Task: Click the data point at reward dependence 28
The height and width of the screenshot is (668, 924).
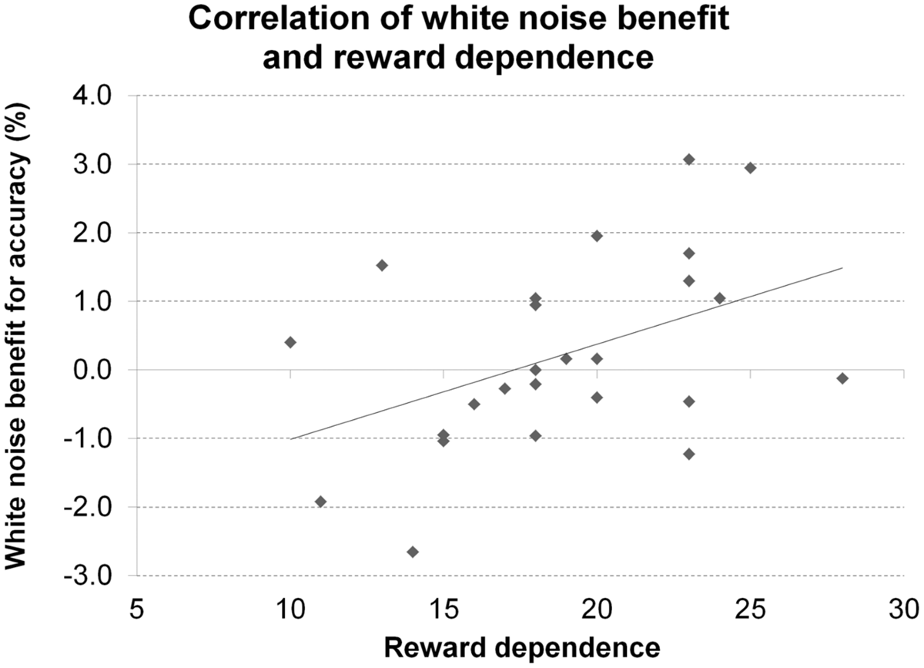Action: [842, 378]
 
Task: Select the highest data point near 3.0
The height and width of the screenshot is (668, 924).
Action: [689, 159]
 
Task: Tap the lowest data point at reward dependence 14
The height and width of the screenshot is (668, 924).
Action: [413, 552]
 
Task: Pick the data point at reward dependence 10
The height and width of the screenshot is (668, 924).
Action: [290, 342]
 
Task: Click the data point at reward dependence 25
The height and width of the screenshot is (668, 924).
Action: [751, 168]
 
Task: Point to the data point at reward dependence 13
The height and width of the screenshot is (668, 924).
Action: [382, 265]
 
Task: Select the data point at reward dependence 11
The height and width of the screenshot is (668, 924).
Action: [321, 502]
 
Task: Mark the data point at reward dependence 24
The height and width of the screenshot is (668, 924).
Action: [720, 298]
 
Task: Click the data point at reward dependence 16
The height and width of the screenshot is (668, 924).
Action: [474, 404]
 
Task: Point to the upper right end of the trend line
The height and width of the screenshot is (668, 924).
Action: [842, 268]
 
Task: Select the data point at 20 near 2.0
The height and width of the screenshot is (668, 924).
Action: [597, 236]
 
